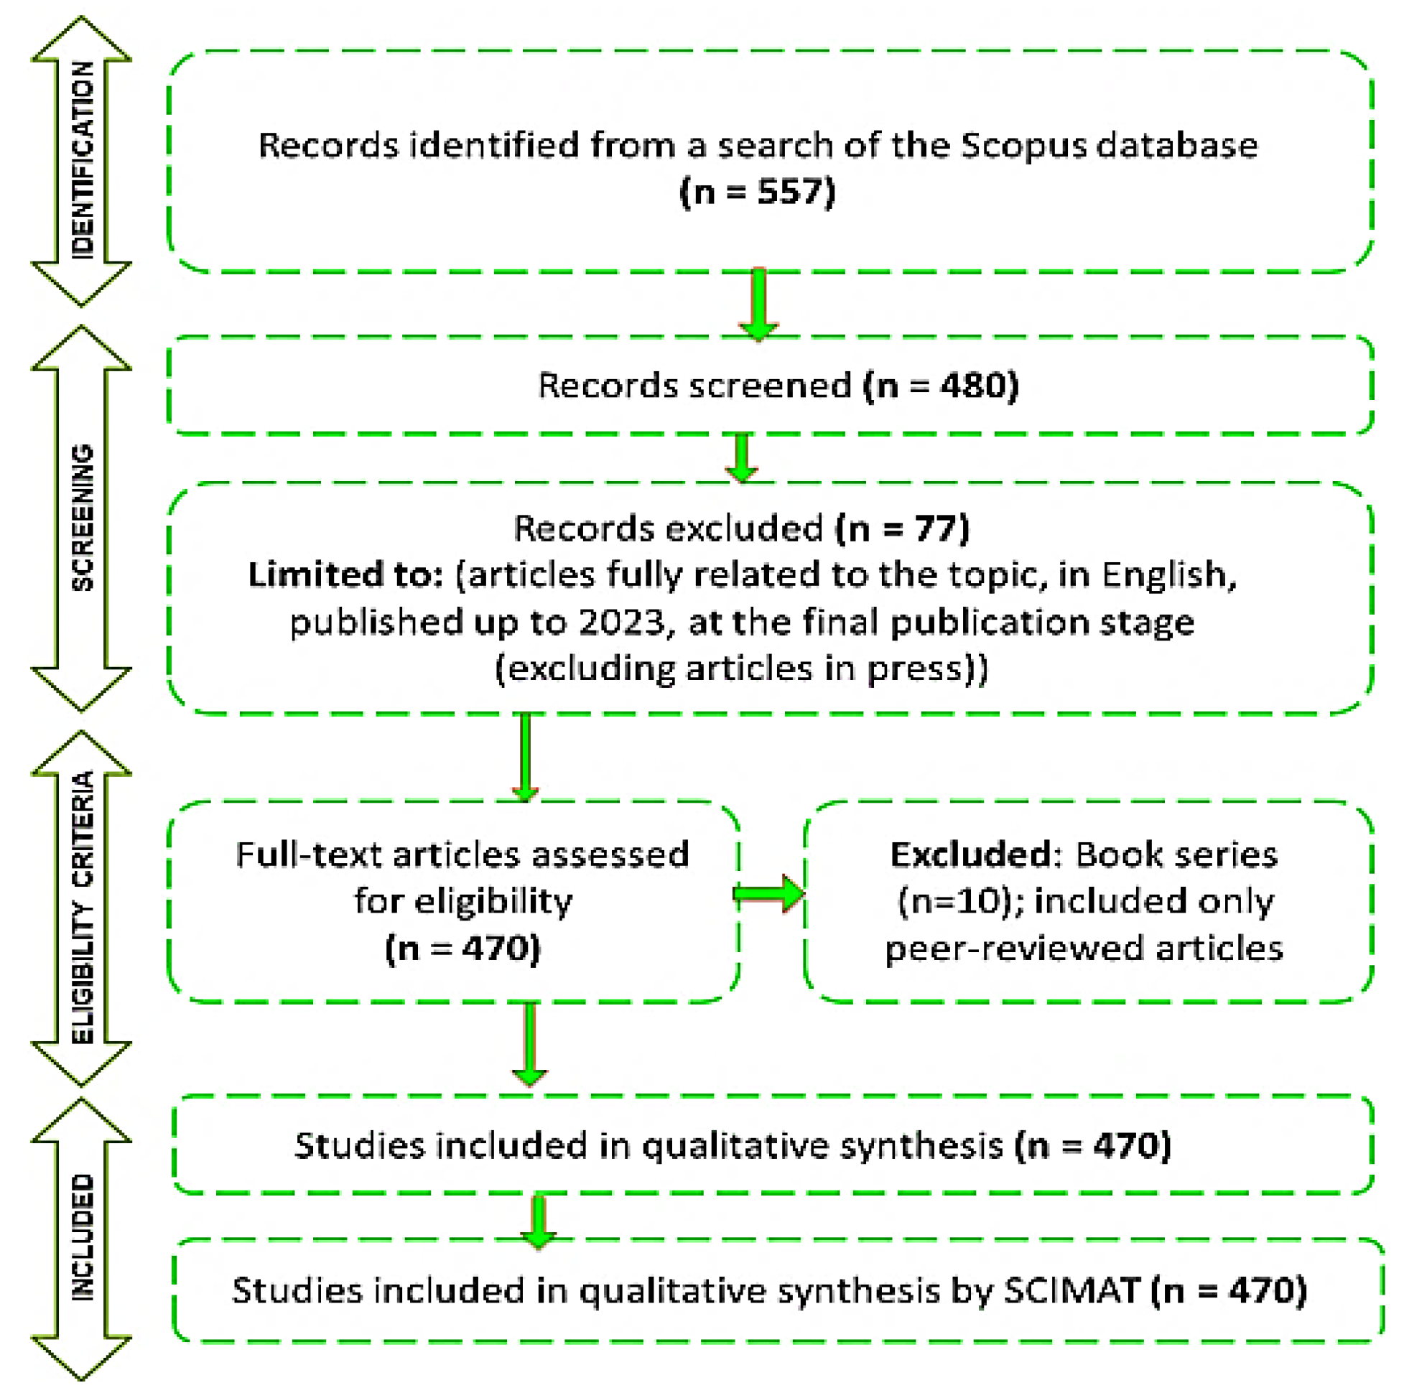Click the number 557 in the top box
click(786, 192)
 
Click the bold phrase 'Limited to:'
click(346, 574)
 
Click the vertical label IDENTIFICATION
click(82, 160)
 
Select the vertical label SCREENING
click(82, 518)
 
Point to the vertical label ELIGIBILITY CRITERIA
click(82, 908)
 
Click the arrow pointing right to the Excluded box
click(769, 893)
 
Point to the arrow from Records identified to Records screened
click(758, 304)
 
